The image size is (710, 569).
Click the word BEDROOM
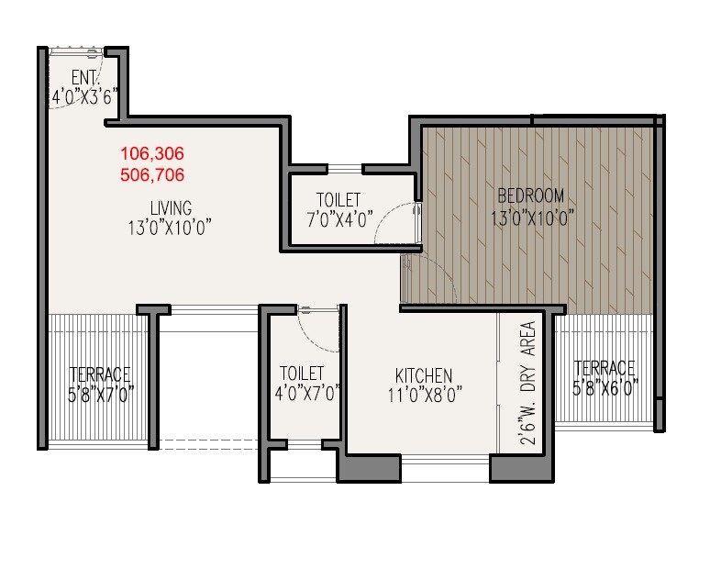[x=530, y=195]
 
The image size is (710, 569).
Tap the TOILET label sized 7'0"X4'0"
[x=338, y=200]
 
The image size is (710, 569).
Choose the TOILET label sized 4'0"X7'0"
[x=302, y=374]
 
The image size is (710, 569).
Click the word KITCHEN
[x=423, y=375]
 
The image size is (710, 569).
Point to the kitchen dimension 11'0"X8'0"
[x=423, y=395]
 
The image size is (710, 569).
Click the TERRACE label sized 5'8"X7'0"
[x=101, y=374]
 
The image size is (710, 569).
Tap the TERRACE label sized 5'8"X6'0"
[x=604, y=368]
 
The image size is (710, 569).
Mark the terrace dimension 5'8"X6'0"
[x=604, y=388]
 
